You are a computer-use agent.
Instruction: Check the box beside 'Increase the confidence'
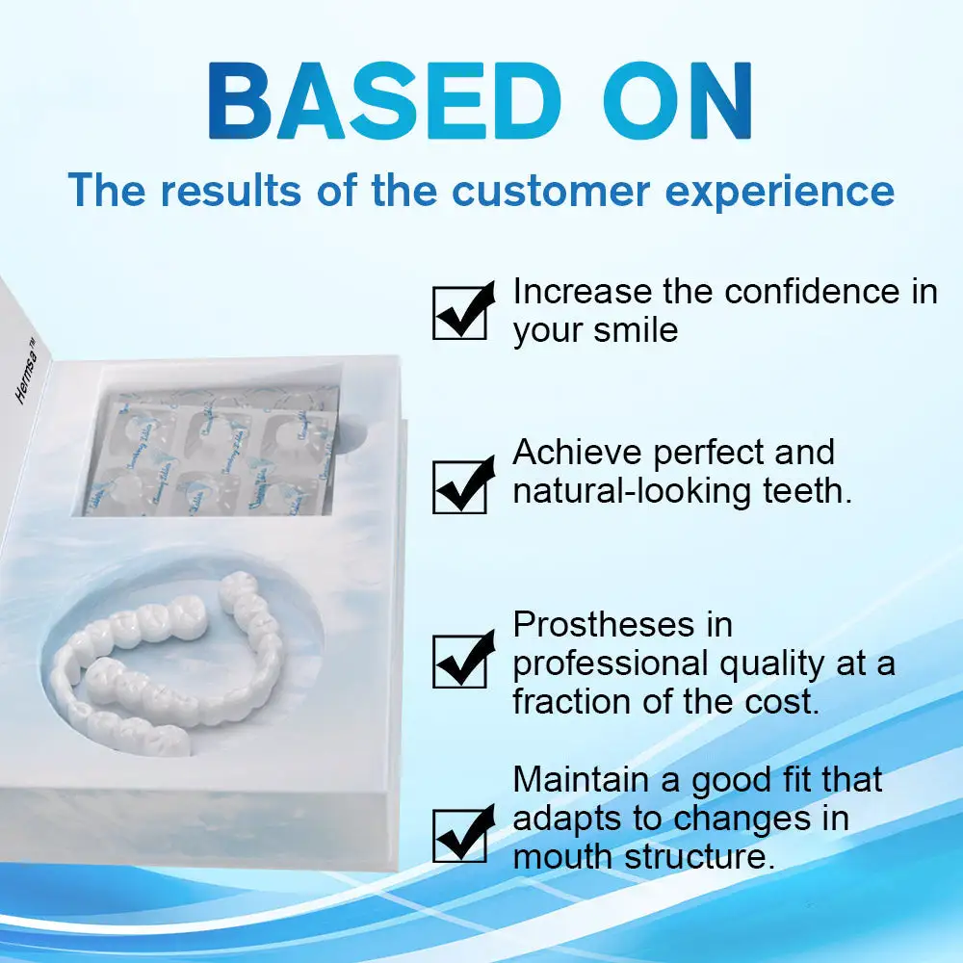pyautogui.click(x=460, y=312)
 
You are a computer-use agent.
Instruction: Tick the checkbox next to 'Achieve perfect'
pyautogui.click(x=460, y=485)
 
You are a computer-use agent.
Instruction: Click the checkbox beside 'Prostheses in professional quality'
pyautogui.click(x=460, y=659)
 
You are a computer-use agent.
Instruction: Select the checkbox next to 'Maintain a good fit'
pyautogui.click(x=460, y=834)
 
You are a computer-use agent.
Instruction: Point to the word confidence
pyautogui.click(x=813, y=292)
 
